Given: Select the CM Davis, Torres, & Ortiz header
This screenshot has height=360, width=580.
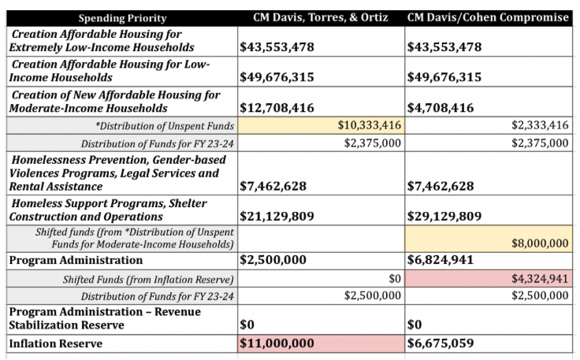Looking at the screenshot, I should point(321,17).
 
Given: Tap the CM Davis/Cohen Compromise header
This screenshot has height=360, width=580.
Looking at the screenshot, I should point(489,17).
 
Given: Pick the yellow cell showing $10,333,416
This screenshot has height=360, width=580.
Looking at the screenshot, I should point(370,124).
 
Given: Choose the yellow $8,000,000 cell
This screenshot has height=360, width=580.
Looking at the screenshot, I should point(540,243).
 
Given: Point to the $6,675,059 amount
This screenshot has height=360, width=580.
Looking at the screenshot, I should point(445,343).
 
